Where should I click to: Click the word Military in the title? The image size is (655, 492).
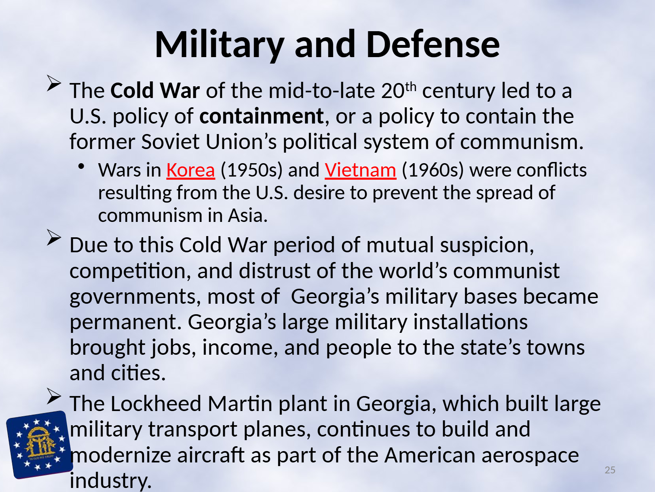[219, 45]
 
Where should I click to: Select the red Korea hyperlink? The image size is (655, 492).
[191, 170]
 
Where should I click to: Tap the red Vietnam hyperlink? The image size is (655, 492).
[361, 170]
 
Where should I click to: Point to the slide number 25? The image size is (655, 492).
[610, 470]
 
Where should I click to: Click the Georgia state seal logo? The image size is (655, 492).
[39, 445]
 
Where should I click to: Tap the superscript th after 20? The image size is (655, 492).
[411, 87]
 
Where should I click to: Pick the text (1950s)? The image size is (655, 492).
[251, 170]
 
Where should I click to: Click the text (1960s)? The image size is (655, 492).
[433, 170]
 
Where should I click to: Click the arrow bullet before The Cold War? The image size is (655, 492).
[54, 83]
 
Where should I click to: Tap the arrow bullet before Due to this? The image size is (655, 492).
[54, 237]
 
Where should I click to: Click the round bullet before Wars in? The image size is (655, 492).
[81, 166]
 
